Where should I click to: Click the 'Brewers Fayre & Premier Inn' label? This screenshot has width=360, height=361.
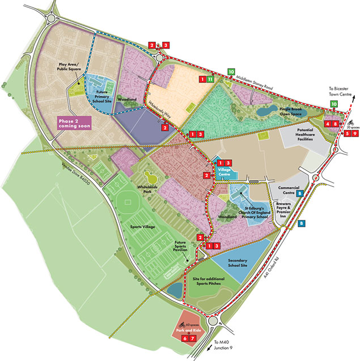(x=289, y=209)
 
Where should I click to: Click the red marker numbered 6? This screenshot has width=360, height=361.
(x=184, y=338)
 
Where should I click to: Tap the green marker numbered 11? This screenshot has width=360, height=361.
(x=210, y=79)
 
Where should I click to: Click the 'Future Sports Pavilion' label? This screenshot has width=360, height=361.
(x=184, y=249)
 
